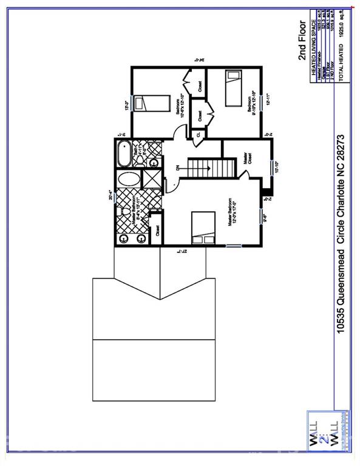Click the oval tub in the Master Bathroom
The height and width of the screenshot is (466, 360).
point(127,180)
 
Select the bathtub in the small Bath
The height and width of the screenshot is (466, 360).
point(123,154)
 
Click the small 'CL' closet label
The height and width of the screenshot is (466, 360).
point(197,135)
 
